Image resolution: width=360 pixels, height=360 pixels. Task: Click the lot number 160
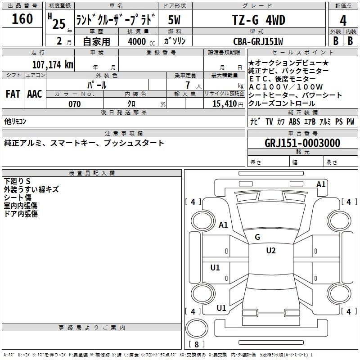22,19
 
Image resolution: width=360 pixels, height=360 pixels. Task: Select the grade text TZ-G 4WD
258,20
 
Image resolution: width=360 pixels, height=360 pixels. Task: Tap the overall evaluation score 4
343,21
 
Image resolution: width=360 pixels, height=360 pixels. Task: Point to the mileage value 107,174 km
53,64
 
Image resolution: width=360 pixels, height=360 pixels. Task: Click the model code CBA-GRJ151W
258,41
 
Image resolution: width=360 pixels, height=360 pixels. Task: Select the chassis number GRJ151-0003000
302,143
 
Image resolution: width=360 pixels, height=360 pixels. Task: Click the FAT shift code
13,94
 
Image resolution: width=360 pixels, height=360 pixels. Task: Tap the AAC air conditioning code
35,94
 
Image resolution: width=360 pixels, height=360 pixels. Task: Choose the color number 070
75,104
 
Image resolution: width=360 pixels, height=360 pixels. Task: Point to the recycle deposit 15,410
225,104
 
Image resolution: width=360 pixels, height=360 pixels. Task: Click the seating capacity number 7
188,85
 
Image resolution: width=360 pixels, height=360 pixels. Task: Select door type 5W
174,20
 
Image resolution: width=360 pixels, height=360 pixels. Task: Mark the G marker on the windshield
257,237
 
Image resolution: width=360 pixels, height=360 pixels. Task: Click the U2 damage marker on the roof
271,251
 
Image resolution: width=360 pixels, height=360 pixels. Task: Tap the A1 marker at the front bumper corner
321,184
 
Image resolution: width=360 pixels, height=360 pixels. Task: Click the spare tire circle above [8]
197,328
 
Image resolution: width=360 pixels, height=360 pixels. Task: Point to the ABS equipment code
295,121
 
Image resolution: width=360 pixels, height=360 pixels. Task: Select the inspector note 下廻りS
17,181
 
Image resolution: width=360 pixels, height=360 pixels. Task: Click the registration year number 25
59,24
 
